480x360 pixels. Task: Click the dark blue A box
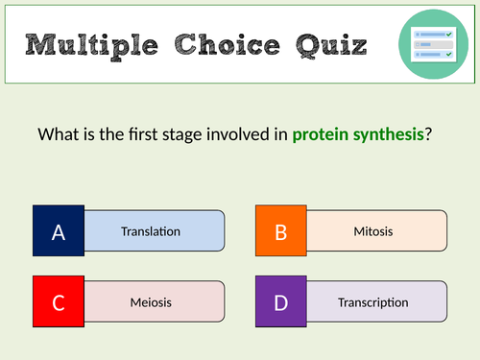click(59, 231)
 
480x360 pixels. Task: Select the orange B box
click(281, 231)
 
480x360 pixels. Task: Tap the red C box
click(59, 302)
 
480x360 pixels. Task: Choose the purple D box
click(281, 302)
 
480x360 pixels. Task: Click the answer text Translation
click(151, 231)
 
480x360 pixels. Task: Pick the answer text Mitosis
click(372, 231)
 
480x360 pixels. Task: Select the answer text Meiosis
click(151, 302)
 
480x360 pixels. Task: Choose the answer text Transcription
click(372, 302)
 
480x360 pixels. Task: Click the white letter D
click(281, 302)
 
